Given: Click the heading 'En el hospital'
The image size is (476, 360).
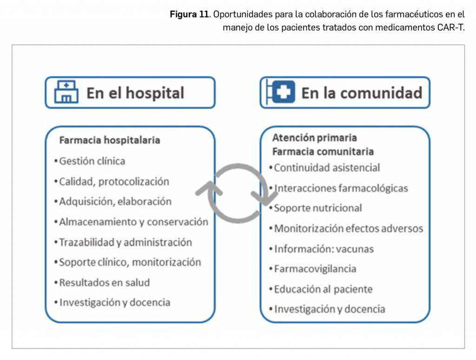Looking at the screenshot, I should [x=135, y=93].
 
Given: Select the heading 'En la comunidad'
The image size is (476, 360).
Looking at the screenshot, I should [x=362, y=93].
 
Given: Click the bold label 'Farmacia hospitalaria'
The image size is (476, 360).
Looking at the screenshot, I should [x=109, y=140].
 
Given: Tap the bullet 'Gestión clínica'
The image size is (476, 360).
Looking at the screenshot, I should [x=92, y=161].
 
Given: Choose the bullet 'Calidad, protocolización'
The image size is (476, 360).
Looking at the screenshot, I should [x=114, y=181].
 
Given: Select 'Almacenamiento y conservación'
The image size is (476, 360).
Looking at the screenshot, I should [x=133, y=222].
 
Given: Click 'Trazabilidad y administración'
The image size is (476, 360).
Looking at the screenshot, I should [x=125, y=242].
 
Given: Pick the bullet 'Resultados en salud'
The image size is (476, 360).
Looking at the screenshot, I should [x=104, y=282].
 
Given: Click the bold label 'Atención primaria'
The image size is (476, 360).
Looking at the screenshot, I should [x=315, y=138].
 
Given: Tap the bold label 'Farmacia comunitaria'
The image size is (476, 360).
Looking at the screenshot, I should [x=323, y=152].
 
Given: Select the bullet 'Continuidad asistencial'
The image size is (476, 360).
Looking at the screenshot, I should [x=327, y=167].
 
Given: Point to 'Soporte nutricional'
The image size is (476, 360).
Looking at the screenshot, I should [x=317, y=208].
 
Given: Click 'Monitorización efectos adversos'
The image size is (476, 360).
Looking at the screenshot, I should [x=348, y=228].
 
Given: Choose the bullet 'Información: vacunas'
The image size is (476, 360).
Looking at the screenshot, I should [x=324, y=249].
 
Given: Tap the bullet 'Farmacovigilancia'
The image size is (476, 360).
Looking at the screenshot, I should [x=315, y=269].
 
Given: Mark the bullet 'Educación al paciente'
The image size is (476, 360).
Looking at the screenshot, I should [x=323, y=289].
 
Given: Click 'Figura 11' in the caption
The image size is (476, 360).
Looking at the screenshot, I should [x=189, y=14].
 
